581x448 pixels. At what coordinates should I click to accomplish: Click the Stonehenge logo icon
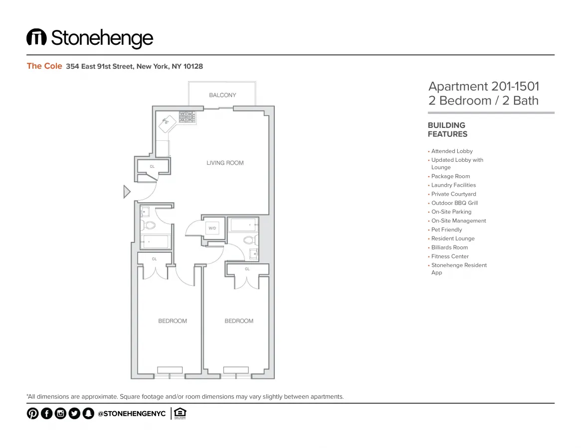[x=36, y=37]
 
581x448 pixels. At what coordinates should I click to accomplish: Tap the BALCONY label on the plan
[x=222, y=95]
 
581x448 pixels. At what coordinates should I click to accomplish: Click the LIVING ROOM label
[x=225, y=163]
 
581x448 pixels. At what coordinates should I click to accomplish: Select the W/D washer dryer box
[x=212, y=228]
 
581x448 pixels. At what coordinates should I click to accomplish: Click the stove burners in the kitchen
[x=187, y=116]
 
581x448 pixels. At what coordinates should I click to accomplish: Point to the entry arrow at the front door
[x=127, y=192]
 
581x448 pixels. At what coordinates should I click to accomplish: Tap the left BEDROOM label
[x=173, y=321]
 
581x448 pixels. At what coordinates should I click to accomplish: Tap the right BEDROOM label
[x=239, y=321]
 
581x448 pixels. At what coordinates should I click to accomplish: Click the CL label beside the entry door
[x=152, y=166]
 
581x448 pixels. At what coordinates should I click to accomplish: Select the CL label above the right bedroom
[x=247, y=269]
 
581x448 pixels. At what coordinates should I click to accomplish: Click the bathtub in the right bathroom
[x=244, y=225]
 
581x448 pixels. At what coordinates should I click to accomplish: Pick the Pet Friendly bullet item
[x=446, y=229]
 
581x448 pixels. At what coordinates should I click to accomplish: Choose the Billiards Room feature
[x=449, y=247]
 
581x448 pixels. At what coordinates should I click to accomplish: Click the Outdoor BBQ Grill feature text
[x=454, y=203]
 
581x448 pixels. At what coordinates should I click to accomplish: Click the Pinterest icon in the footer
[x=32, y=413]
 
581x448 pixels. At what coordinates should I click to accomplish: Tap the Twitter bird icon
[x=74, y=413]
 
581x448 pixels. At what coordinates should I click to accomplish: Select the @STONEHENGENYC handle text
[x=131, y=414]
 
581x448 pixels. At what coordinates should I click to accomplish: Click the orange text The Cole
[x=44, y=66]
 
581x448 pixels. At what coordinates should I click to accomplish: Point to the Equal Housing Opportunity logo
[x=180, y=413]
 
